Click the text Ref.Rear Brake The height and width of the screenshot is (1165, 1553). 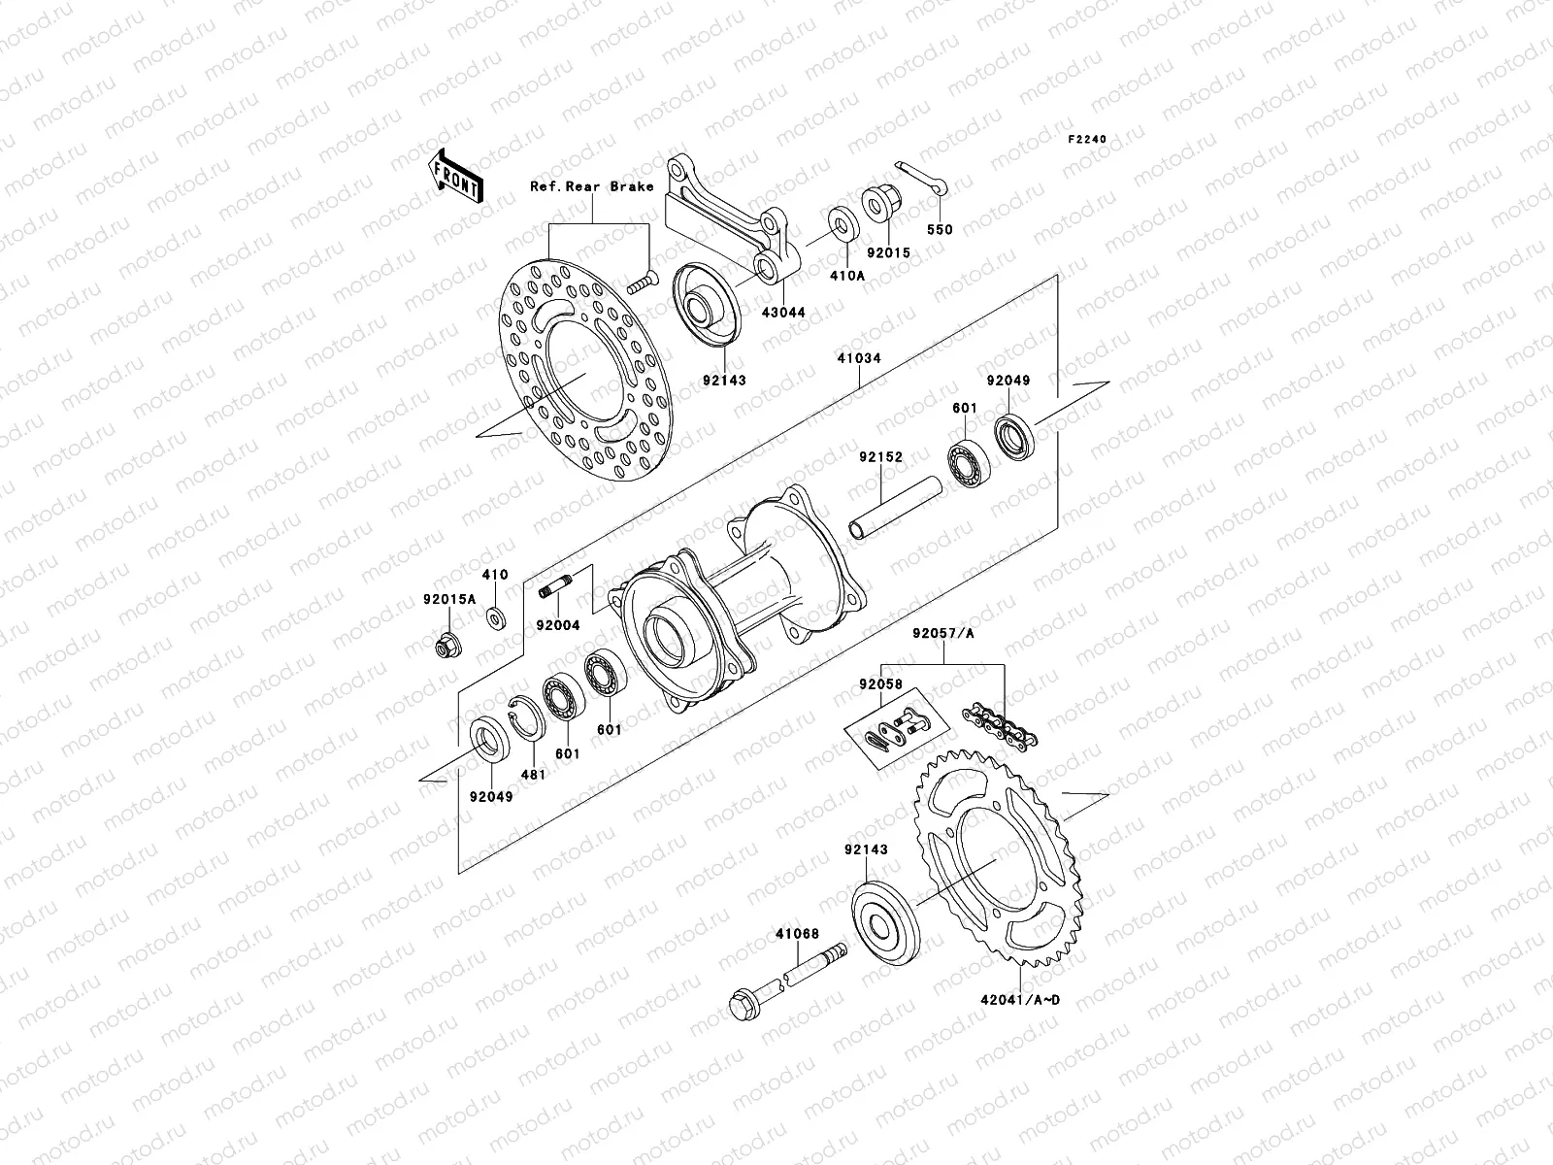point(606,186)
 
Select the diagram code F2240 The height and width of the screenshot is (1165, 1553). point(1087,140)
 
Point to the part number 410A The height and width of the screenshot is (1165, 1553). point(841,275)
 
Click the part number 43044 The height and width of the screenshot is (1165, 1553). point(783,313)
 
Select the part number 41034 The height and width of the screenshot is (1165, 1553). point(859,359)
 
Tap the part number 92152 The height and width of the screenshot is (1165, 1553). point(880,455)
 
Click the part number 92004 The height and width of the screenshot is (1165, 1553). point(558,626)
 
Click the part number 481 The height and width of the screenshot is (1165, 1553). point(535,775)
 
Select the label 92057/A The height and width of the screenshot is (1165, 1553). point(943,635)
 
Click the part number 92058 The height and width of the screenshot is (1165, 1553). point(879,684)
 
